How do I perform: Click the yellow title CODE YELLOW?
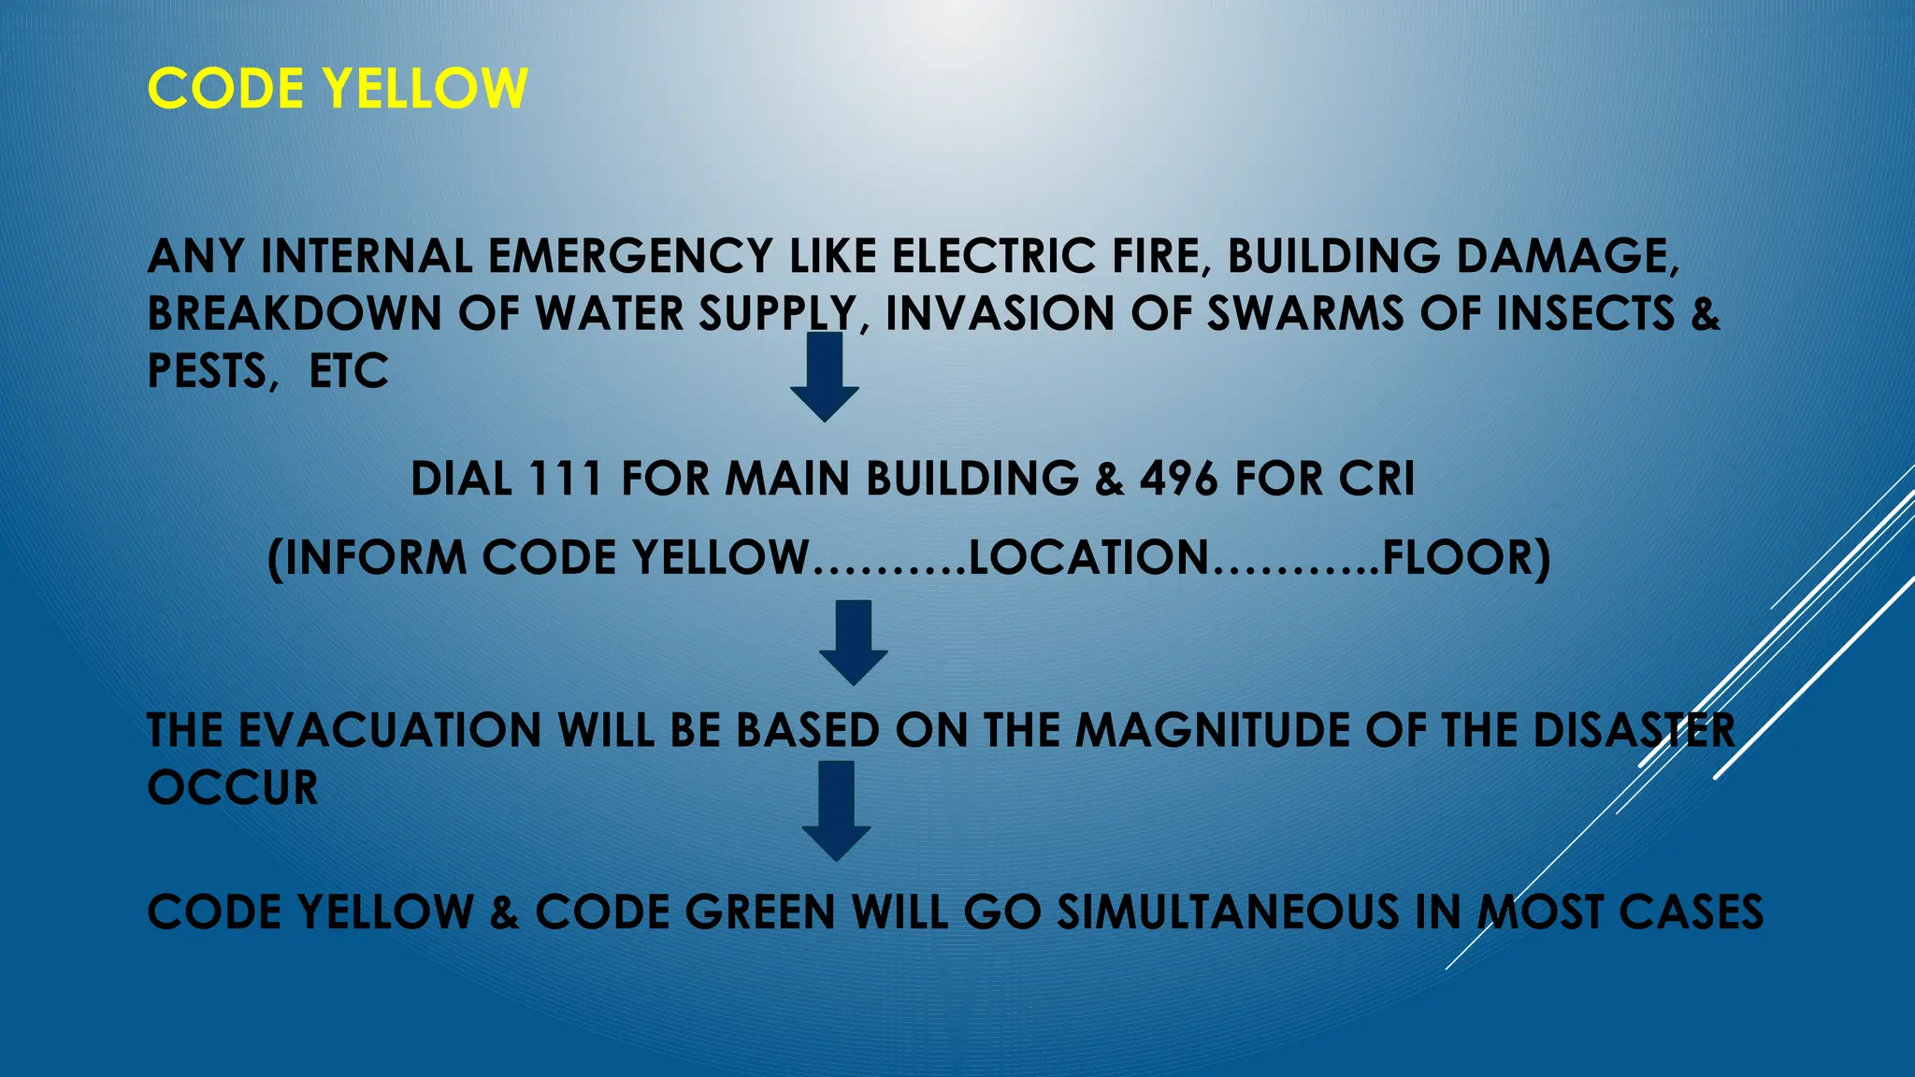click(338, 89)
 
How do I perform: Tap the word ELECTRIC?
click(992, 257)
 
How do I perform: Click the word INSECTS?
click(1585, 313)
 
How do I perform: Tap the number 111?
click(565, 479)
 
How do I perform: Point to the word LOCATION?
click(1089, 558)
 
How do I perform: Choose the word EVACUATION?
click(390, 730)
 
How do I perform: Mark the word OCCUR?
click(233, 788)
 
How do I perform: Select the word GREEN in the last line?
click(759, 912)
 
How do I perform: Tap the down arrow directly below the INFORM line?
click(853, 643)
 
